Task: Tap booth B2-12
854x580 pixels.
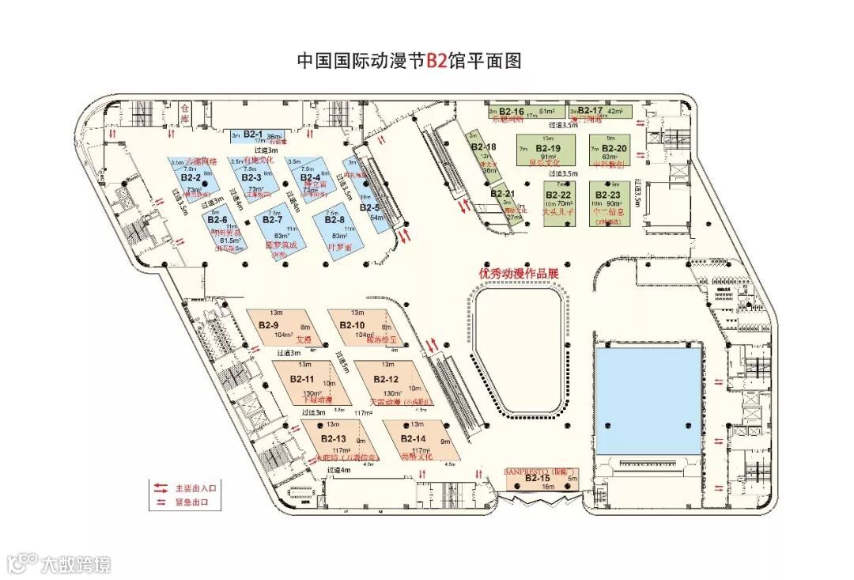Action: (387, 383)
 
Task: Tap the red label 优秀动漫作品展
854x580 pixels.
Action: (518, 273)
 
